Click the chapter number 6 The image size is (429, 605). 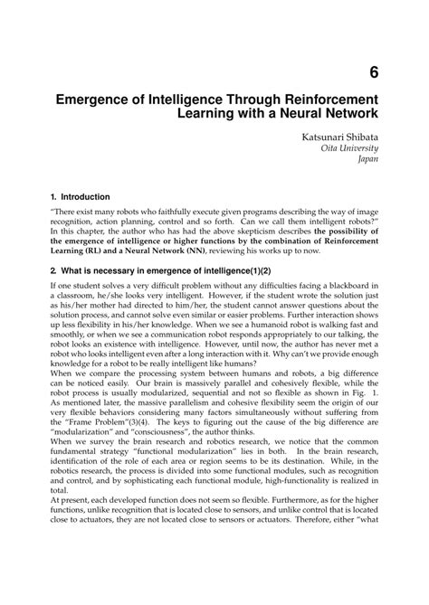tap(372, 73)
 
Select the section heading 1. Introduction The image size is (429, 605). tap(81, 196)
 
